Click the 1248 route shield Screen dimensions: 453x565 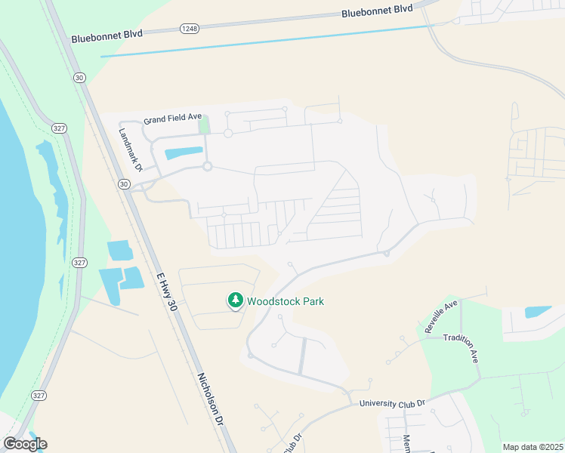pos(189,29)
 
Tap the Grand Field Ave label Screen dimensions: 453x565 pos(173,119)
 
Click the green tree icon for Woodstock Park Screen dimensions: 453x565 pos(236,300)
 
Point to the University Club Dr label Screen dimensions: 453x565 pos(393,404)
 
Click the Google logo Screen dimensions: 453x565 pos(24,444)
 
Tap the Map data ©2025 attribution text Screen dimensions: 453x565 pos(533,447)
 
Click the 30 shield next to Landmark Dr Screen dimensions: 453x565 pos(124,183)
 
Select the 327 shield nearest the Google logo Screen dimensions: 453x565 pos(39,395)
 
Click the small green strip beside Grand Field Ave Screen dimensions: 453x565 pos(203,125)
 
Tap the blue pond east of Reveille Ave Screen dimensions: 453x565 pos(537,311)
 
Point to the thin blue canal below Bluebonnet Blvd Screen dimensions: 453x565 pos(264,41)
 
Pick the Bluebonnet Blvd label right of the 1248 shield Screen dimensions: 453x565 pos(377,11)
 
